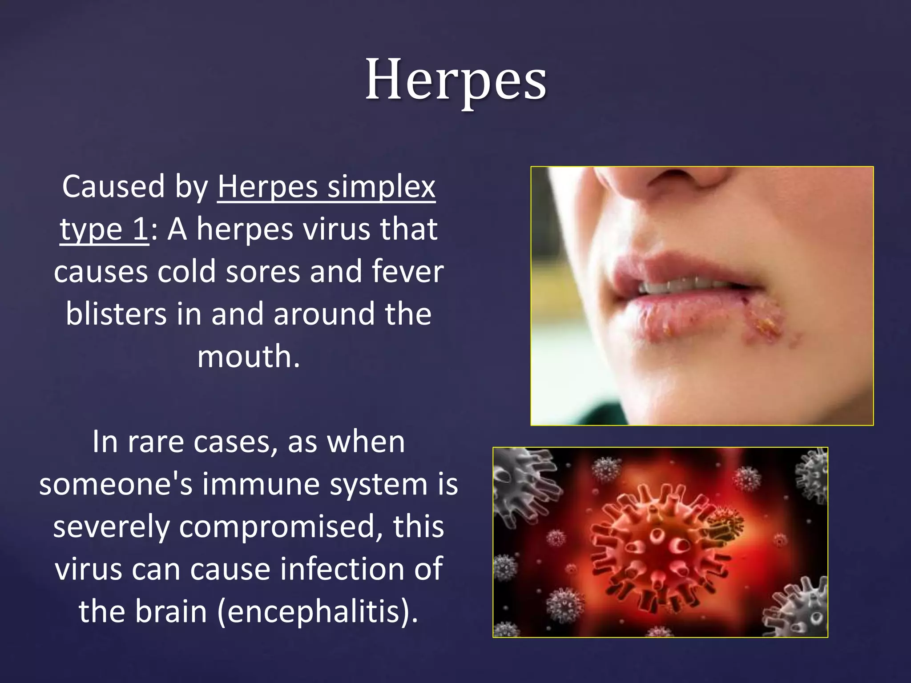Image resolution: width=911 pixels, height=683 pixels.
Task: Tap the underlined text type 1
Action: click(104, 229)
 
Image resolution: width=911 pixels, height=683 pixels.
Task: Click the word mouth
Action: click(248, 356)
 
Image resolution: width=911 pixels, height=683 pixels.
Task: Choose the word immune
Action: click(261, 484)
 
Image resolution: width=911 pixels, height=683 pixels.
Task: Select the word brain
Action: click(171, 611)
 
